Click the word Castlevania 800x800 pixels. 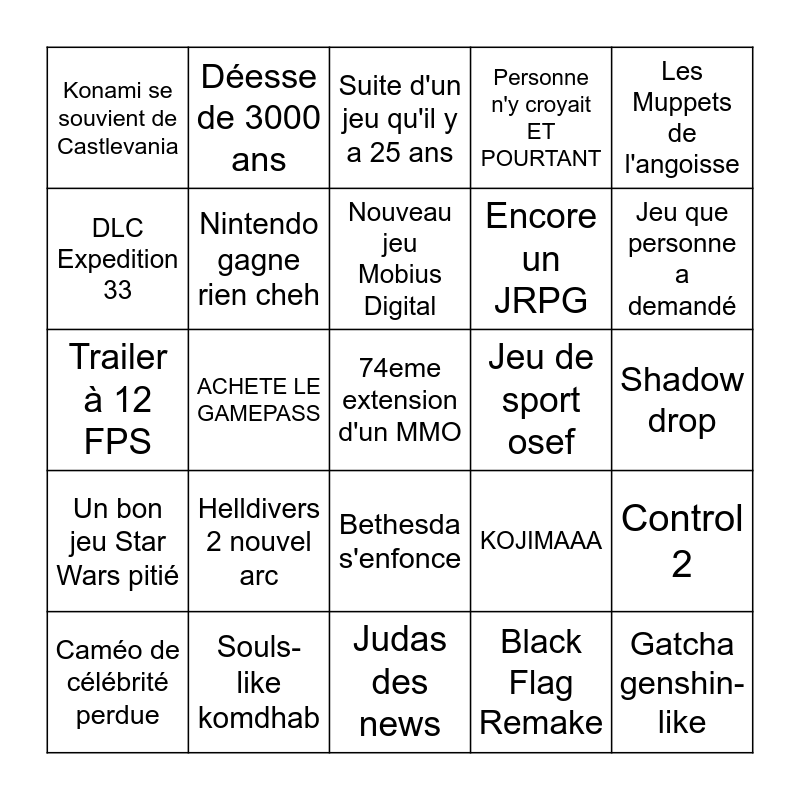(118, 146)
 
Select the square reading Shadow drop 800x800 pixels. (682, 400)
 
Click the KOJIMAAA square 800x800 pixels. (541, 541)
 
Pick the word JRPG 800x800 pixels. (541, 301)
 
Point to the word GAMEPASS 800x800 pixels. (259, 413)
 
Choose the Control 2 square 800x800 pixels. (682, 541)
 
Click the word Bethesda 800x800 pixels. (400, 525)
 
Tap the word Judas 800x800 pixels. (400, 639)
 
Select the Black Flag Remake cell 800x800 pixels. (541, 682)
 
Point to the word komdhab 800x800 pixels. (259, 717)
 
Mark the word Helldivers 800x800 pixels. (259, 509)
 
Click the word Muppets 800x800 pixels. (682, 102)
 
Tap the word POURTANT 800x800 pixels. (541, 158)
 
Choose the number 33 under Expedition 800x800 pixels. (118, 290)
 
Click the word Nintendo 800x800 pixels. (259, 224)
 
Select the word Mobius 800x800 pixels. (400, 274)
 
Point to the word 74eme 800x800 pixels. (400, 368)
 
